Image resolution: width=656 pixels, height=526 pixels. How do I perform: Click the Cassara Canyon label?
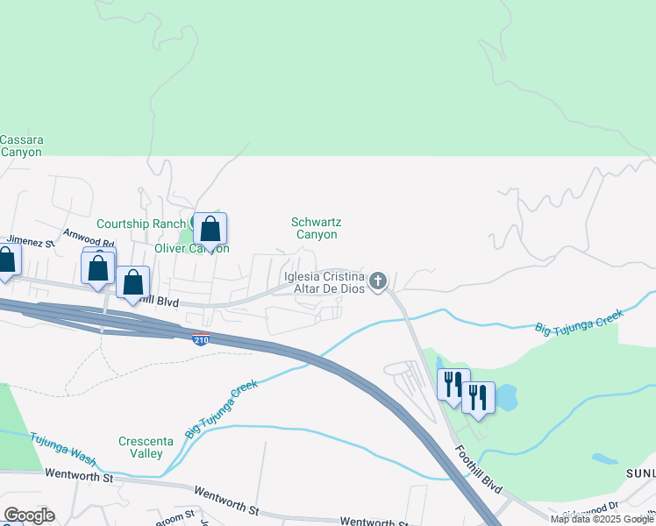pyautogui.click(x=21, y=146)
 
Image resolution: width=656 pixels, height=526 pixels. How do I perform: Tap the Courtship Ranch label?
pyautogui.click(x=140, y=224)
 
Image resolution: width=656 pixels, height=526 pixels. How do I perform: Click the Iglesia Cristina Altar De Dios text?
pyautogui.click(x=324, y=282)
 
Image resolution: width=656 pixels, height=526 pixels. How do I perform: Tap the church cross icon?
pyautogui.click(x=378, y=281)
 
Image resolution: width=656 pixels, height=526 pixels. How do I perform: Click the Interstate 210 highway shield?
pyautogui.click(x=201, y=338)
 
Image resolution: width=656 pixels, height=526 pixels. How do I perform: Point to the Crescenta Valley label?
pyautogui.click(x=141, y=447)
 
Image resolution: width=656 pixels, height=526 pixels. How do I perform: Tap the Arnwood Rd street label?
pyautogui.click(x=88, y=238)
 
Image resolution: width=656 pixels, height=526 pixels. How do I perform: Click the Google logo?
pyautogui.click(x=28, y=515)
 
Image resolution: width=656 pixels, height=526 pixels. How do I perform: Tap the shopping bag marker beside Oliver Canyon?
pyautogui.click(x=210, y=230)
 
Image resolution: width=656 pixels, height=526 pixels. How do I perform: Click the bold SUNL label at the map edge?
pyautogui.click(x=639, y=473)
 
